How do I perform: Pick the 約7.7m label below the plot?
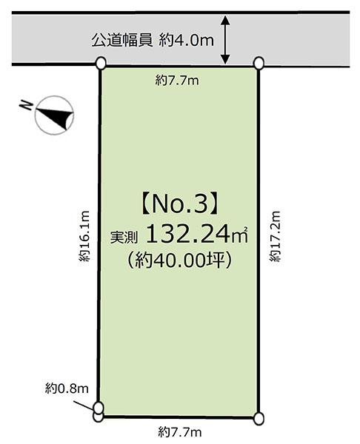179,431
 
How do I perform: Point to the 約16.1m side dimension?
86,235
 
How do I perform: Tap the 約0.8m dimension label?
67,388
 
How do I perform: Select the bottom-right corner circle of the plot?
259,419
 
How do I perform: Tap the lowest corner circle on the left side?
99,417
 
